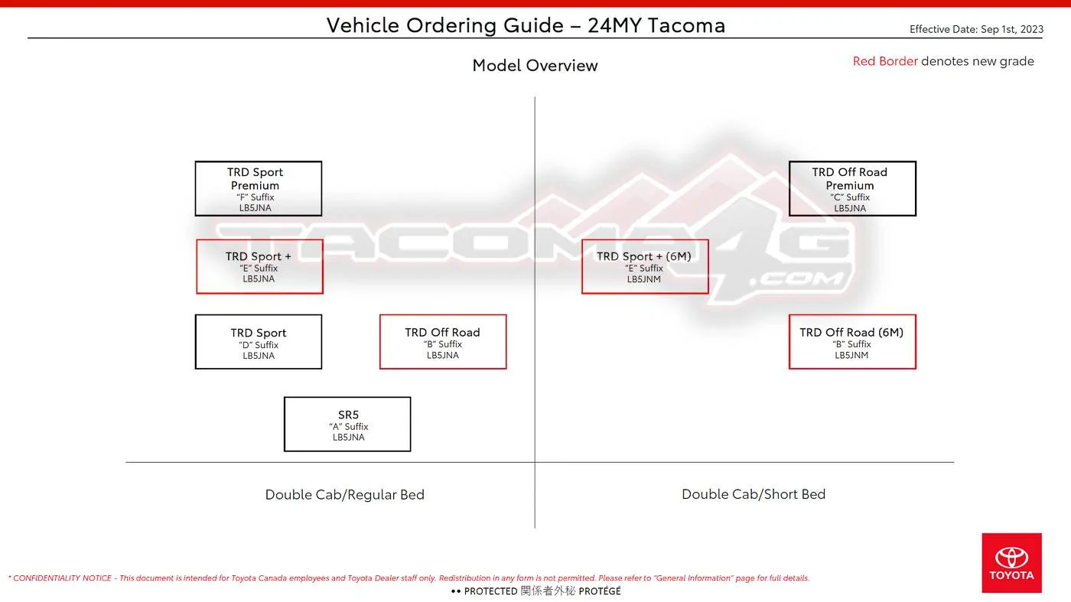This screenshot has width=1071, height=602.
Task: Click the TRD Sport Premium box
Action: (259, 188)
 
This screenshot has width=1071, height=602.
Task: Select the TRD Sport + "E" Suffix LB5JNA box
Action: (259, 266)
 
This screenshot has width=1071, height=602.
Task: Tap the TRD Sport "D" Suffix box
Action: (259, 341)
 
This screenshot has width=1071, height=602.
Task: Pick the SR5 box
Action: (347, 424)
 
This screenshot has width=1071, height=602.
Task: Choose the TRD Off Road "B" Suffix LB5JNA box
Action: (443, 341)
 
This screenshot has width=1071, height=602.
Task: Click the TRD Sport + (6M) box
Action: (645, 266)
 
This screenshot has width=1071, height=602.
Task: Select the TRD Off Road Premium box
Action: (852, 188)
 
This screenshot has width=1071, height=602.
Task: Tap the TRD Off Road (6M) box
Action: (852, 341)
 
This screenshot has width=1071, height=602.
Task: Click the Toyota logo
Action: (1011, 563)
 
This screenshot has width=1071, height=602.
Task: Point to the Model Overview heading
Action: (535, 66)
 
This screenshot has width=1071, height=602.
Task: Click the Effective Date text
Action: (976, 29)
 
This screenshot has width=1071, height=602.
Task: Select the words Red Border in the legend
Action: (885, 61)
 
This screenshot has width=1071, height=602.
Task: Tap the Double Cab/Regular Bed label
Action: (345, 494)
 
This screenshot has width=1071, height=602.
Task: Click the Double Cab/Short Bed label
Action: (754, 494)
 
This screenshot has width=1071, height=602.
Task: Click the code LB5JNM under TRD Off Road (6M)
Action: (851, 355)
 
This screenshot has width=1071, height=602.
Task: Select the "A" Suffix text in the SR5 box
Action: (349, 427)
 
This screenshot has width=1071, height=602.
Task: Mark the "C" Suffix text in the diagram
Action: (850, 197)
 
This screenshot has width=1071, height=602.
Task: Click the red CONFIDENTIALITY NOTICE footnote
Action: (409, 578)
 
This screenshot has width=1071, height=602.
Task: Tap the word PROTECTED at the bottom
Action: (490, 591)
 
